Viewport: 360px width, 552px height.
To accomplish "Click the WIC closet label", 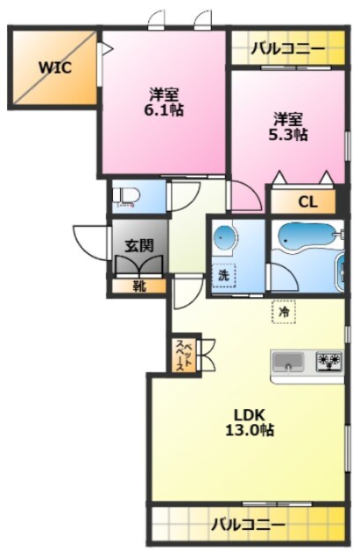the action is [x=55, y=67].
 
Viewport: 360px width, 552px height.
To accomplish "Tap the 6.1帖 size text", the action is [x=163, y=110].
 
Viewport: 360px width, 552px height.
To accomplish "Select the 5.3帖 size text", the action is [x=289, y=135].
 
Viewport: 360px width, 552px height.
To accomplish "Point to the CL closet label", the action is [x=308, y=202].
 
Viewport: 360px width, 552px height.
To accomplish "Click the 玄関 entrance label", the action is [x=139, y=246].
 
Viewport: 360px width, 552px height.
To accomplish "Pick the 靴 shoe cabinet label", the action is [x=139, y=287].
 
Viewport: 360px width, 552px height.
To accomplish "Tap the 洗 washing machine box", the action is [x=223, y=275].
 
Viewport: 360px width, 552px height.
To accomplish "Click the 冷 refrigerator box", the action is [x=283, y=311].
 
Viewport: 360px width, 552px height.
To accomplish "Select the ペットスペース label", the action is [x=184, y=356].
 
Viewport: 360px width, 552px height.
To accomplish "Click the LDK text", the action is [x=250, y=415].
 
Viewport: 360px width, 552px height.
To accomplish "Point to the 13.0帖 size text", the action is [x=250, y=430].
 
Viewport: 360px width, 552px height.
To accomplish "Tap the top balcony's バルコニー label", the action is [x=288, y=48].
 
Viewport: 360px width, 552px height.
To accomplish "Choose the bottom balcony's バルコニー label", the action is [x=248, y=526].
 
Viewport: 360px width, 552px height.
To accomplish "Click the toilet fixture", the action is [x=126, y=197].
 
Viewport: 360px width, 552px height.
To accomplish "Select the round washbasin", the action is [x=224, y=237].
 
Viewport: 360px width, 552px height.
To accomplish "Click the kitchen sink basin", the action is [x=289, y=362].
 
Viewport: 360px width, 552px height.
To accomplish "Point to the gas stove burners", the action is [x=329, y=362].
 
